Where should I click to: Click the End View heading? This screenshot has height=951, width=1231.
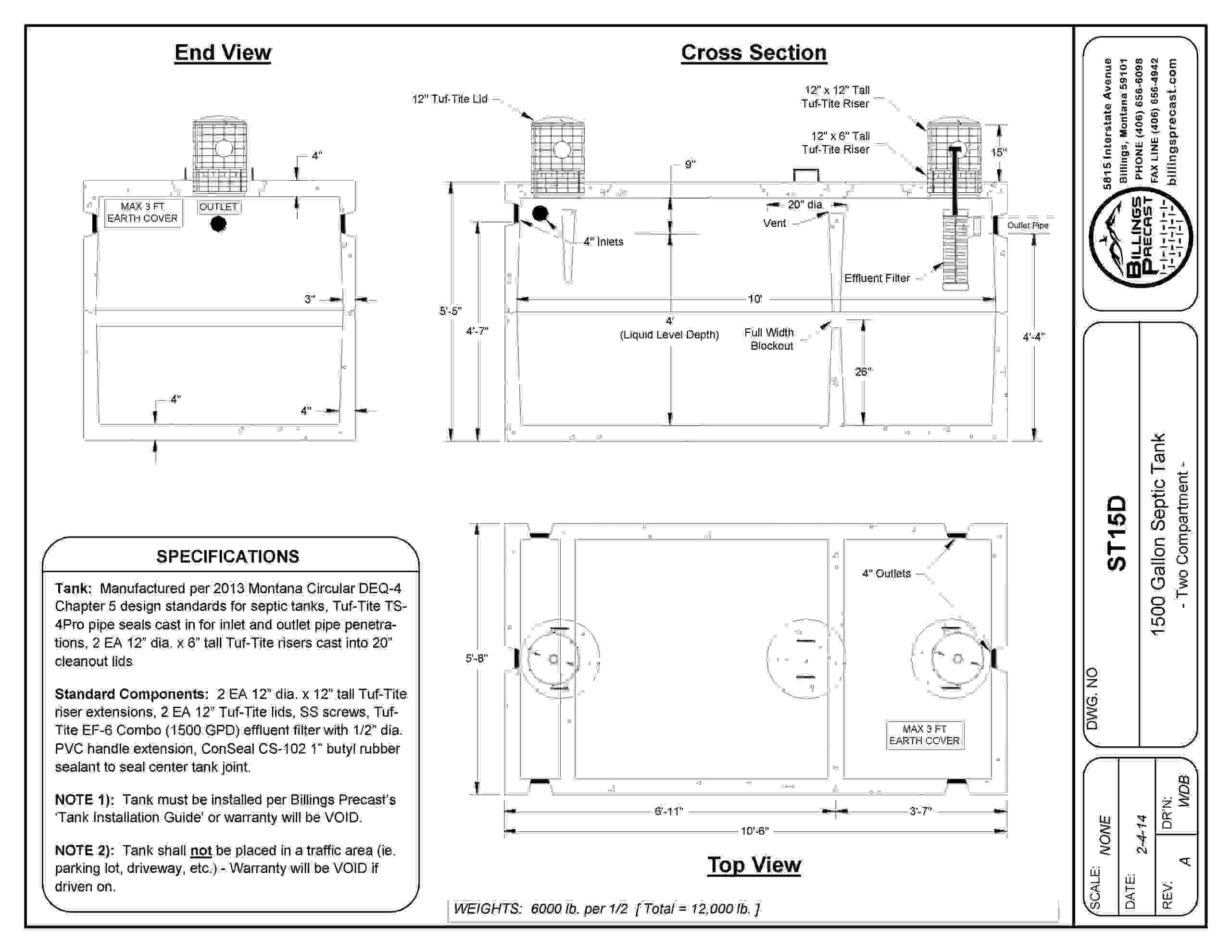coord(223,53)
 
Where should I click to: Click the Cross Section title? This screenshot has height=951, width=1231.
coord(754,53)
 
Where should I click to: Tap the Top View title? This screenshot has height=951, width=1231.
coord(754,865)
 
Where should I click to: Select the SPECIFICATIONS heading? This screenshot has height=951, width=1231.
coord(228,556)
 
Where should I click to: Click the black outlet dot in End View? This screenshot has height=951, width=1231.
coord(219,224)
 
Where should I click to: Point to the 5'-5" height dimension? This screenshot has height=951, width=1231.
coord(451,311)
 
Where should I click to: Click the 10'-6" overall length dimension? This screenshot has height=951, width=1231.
coord(754,831)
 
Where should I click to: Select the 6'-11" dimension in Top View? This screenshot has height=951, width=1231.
coord(668,811)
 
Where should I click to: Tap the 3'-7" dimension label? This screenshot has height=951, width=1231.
coord(920,811)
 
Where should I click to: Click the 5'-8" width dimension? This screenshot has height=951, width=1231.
coord(476,658)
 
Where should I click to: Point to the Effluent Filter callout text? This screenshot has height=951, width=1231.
coord(877,278)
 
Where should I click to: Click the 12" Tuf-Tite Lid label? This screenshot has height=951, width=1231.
coord(450,99)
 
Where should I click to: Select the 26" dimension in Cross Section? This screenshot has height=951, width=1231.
coord(863,372)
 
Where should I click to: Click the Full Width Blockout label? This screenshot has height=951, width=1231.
coord(769,339)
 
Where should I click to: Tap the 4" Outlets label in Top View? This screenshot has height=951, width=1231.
coord(886,573)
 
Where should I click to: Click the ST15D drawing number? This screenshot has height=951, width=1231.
coord(1117,533)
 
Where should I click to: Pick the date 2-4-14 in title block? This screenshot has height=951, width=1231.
coord(1142,834)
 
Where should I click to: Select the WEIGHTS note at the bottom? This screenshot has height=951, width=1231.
coord(606,909)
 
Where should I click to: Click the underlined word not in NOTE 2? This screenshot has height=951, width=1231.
coord(201,850)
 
